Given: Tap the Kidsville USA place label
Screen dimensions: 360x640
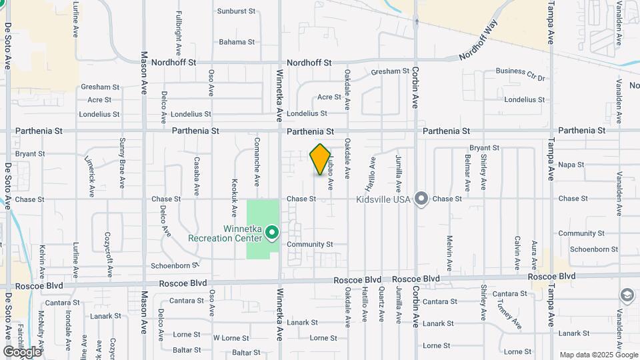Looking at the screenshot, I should tap(383, 199).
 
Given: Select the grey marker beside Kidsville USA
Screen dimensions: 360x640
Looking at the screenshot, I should tap(421, 199).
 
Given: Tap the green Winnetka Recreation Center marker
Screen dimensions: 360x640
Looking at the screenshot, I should tap(272, 233).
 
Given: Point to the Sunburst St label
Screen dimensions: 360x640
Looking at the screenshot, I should tap(237, 11).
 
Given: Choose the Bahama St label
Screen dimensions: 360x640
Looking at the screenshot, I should tap(237, 42).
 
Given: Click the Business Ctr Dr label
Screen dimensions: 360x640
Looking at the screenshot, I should tap(520, 71).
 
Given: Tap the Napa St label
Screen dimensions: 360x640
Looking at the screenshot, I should tap(571, 165).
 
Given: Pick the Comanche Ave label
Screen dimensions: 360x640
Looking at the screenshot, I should tap(257, 162).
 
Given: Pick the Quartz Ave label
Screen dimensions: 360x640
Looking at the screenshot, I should tap(381, 304).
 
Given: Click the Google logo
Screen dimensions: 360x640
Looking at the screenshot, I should tap(22, 351).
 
